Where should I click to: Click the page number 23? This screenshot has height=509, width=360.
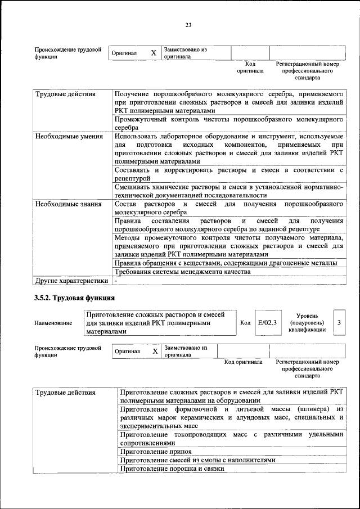188,24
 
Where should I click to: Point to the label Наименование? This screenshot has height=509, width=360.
53,323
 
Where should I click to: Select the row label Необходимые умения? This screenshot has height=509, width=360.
69,136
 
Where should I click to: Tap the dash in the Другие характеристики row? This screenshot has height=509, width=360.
115,280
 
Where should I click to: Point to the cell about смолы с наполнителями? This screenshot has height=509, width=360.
198,460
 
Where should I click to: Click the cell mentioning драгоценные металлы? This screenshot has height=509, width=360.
226,263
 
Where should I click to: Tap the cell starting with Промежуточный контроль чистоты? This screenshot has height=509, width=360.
228,124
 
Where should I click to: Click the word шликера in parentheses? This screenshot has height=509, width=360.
302,409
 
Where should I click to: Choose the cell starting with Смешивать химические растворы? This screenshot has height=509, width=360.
228,190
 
